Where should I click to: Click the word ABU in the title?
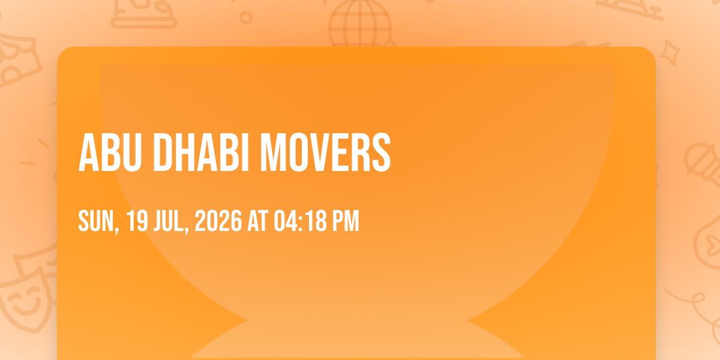tap(110, 153)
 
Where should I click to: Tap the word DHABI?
tap(201, 153)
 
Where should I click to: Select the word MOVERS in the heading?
tap(325, 153)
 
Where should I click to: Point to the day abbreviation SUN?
tap(96, 221)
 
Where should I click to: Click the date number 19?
tap(137, 221)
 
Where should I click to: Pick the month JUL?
tap(169, 221)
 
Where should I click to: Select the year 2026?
tap(218, 221)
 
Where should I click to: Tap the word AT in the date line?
tap(258, 221)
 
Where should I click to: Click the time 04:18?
tap(300, 221)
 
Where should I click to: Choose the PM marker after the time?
tap(346, 221)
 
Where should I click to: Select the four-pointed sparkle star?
tap(669, 53)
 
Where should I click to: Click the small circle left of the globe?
tap(246, 17)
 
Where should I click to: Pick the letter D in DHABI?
tap(164, 153)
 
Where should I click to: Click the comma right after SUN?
tap(117, 229)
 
